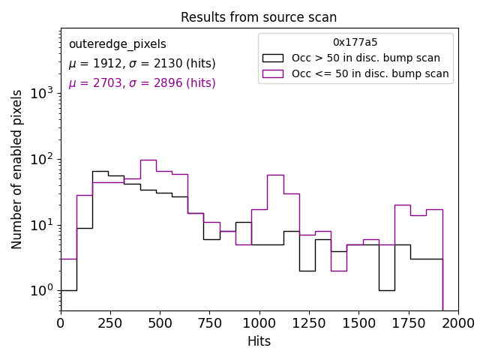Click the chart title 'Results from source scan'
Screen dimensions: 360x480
coord(259,17)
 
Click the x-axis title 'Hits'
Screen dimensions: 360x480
coord(259,341)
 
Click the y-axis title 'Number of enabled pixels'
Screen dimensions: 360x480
coord(17,169)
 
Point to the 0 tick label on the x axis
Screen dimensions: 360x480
coord(61,323)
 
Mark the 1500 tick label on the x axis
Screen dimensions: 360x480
coord(358,323)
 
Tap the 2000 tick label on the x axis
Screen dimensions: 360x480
coord(457,323)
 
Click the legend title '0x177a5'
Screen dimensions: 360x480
coord(355,43)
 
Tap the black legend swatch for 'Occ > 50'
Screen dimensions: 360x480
coord(272,58)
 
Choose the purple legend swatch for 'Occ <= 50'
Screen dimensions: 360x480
coord(272,73)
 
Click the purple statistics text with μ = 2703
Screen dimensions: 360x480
coord(142,83)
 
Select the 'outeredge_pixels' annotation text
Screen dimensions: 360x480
coord(117,44)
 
